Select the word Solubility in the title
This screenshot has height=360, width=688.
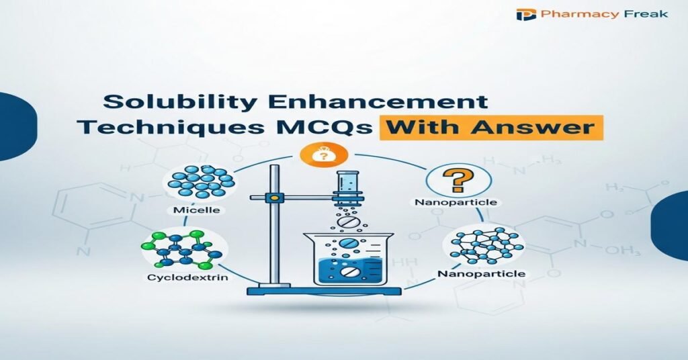pos(165,103)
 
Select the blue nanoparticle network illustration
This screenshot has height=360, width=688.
pos(484,244)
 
